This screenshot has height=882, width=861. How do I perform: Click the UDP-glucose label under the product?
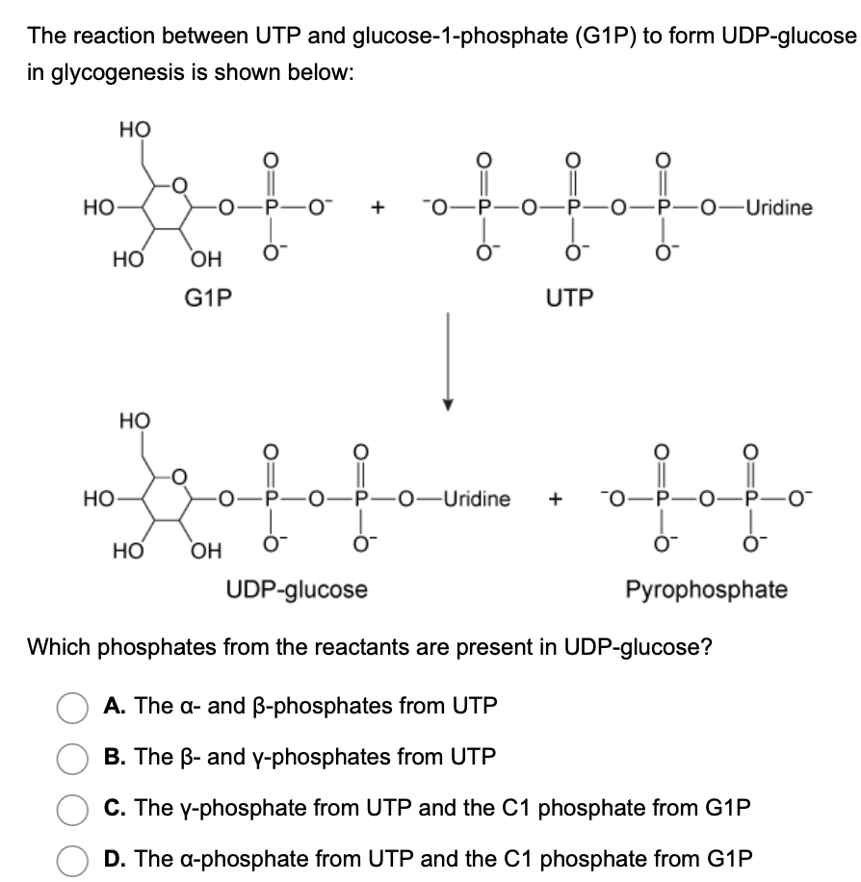pyautogui.click(x=297, y=588)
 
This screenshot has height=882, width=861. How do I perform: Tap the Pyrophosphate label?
pyautogui.click(x=706, y=588)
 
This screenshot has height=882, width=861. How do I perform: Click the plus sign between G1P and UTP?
pyautogui.click(x=380, y=208)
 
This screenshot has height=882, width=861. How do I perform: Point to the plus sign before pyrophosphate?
pyautogui.click(x=556, y=500)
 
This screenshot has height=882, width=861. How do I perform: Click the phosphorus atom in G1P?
pyautogui.click(x=273, y=208)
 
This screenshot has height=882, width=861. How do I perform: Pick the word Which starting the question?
pyautogui.click(x=56, y=646)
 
